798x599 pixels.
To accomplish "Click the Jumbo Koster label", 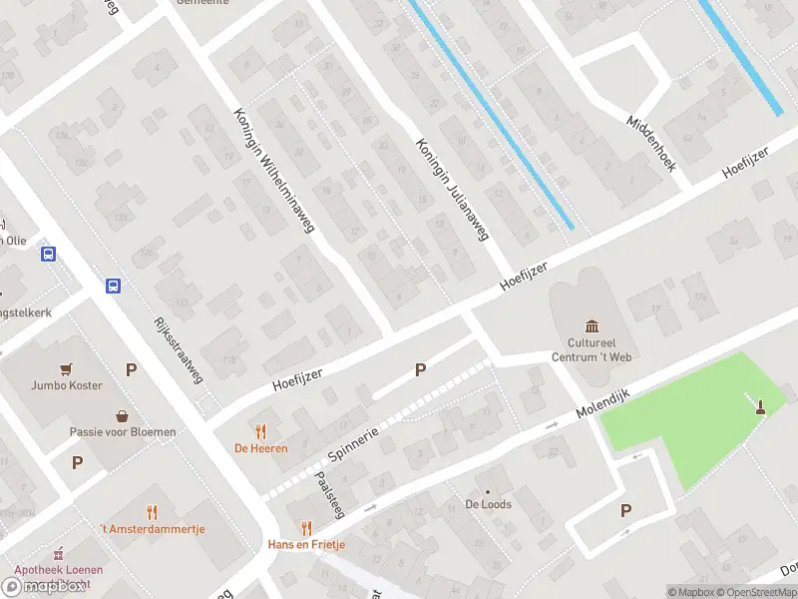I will click(x=67, y=385).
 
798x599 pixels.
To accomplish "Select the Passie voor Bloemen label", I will click(x=123, y=431).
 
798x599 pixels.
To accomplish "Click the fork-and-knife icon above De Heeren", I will click(x=261, y=431).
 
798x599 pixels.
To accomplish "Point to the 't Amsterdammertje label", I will click(x=152, y=528).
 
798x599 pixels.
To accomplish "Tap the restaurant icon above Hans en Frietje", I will click(x=306, y=528).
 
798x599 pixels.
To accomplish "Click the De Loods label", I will click(x=488, y=504).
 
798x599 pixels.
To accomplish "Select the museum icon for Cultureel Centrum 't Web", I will click(x=594, y=326).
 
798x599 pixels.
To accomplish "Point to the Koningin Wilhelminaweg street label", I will click(x=274, y=171).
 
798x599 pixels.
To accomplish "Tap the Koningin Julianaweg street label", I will click(x=454, y=190).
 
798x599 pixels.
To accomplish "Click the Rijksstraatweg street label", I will click(x=180, y=349).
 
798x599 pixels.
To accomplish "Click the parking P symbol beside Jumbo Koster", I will click(x=131, y=369).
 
